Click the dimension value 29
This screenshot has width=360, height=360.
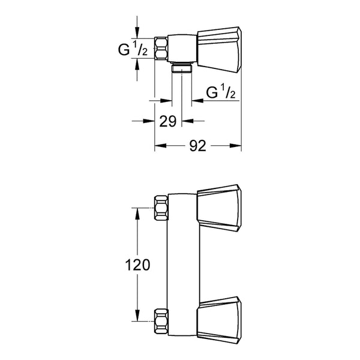tap(168, 121)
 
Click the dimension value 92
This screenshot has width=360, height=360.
tap(197, 146)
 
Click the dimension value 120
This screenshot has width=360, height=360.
tap(137, 265)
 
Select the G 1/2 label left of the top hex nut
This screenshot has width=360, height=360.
tap(133, 50)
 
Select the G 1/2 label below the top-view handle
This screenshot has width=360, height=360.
tap(221, 92)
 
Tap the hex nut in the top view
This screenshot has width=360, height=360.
tap(161, 49)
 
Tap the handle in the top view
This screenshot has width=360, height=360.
tap(219, 50)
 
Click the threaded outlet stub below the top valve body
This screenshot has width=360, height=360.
tap(182, 68)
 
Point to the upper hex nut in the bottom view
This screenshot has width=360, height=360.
tap(161, 208)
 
